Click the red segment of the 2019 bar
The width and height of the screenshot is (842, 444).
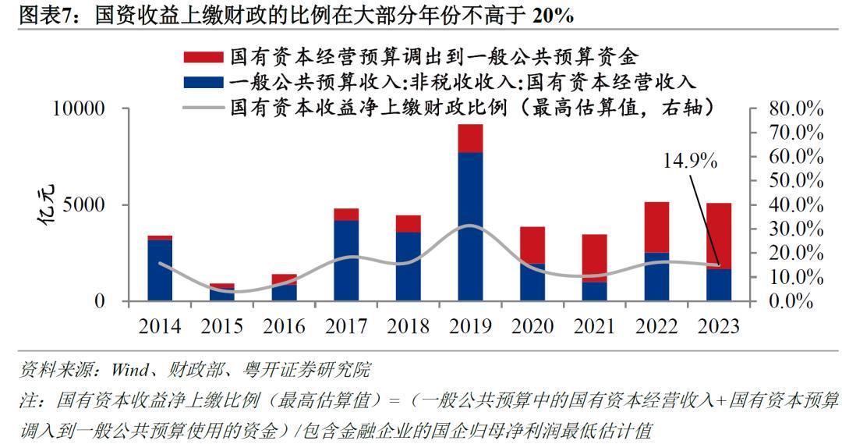(x=470, y=138)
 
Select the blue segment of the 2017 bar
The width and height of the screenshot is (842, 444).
(x=346, y=261)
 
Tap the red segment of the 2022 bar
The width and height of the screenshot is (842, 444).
(x=656, y=227)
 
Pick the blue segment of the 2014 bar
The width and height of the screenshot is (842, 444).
(x=160, y=270)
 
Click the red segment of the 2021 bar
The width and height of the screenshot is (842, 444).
(x=595, y=258)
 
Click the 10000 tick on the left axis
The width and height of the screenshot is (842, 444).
(x=78, y=108)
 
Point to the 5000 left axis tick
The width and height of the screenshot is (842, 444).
(x=84, y=205)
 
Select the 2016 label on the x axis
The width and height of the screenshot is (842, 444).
(x=284, y=326)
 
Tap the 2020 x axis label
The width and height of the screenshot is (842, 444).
(x=532, y=326)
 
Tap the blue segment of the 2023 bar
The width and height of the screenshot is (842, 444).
(x=719, y=285)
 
